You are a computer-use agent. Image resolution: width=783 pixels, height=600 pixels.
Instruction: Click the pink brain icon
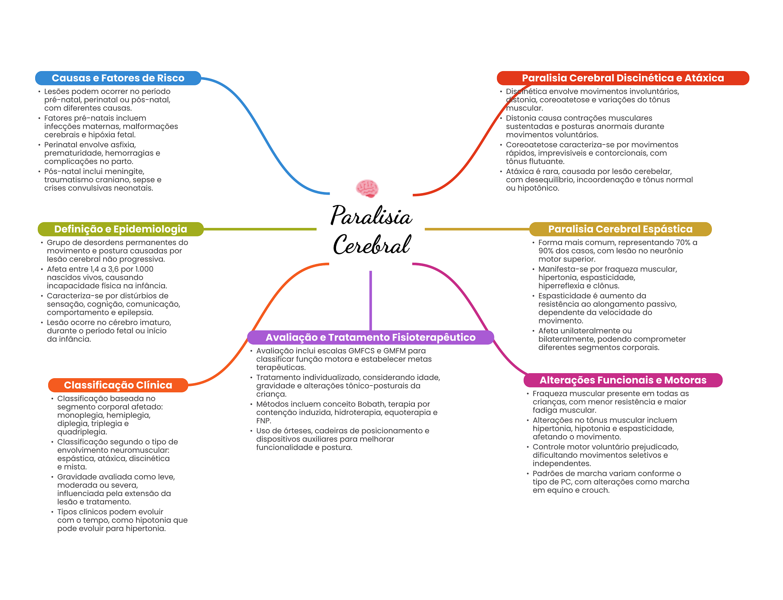[x=367, y=188]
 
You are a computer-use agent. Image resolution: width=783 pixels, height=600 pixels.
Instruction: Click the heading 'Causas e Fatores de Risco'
[x=118, y=78]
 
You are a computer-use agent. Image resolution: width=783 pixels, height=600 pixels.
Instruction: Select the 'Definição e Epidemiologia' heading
[x=120, y=229]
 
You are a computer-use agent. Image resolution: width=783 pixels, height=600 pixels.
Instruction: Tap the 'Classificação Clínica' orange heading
[x=118, y=385]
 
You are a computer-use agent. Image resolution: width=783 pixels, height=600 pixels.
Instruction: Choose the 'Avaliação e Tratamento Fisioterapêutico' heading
[x=370, y=337]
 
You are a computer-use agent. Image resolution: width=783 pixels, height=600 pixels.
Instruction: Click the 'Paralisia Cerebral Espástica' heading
[x=620, y=229]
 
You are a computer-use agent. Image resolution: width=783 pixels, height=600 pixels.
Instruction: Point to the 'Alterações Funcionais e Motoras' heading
[x=623, y=380]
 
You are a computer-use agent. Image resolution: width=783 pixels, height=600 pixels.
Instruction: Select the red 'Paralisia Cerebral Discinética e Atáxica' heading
[x=623, y=78]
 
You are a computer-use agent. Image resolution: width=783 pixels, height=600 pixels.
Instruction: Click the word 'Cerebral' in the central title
[x=372, y=245]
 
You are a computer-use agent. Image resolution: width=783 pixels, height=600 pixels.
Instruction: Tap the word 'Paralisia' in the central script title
[x=372, y=216]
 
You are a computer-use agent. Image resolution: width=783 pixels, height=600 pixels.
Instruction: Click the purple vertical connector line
[x=370, y=300]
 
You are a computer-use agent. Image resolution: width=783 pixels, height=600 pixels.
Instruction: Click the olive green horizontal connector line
[x=260, y=229]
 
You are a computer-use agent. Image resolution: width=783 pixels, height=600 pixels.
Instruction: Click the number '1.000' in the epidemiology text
[x=144, y=269]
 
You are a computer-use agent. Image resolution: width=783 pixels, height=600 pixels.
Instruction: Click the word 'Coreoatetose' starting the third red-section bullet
[x=531, y=145]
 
